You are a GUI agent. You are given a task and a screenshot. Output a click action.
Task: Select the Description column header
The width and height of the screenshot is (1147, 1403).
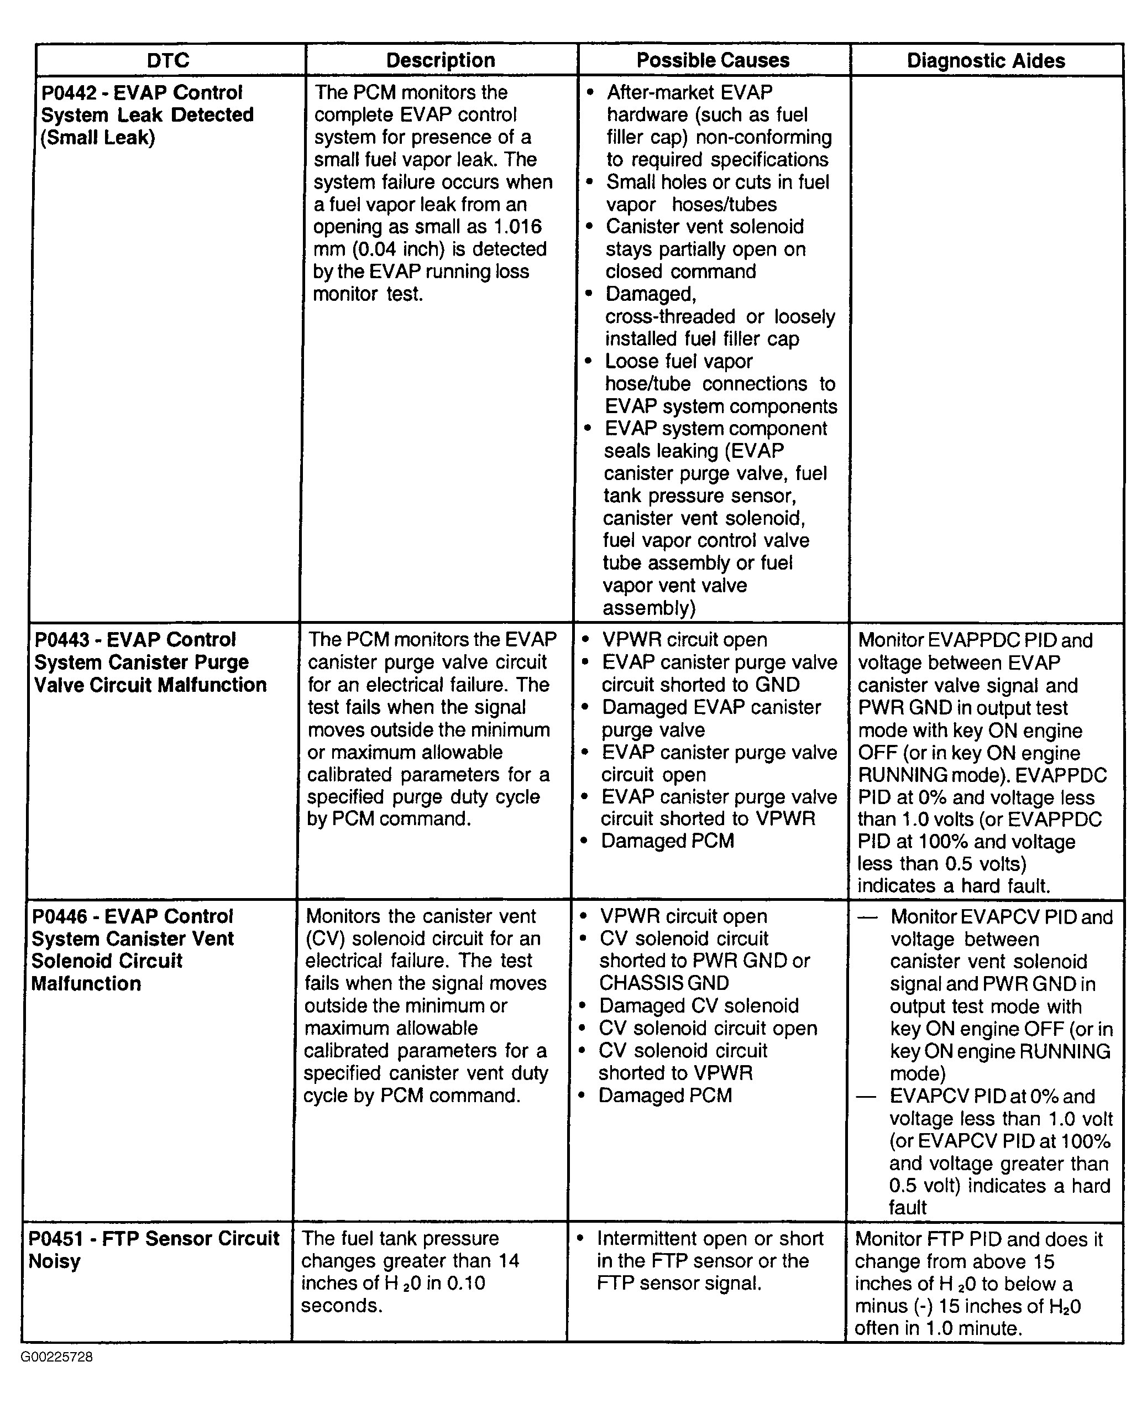click(441, 61)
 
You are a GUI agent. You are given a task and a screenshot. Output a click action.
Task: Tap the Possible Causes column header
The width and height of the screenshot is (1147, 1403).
click(713, 61)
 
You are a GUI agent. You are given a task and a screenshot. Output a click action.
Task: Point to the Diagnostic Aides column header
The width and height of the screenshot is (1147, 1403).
click(986, 61)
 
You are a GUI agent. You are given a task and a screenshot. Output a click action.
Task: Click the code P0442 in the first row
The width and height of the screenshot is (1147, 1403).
click(69, 92)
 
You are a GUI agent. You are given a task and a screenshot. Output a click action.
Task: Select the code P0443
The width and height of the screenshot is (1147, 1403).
click(62, 640)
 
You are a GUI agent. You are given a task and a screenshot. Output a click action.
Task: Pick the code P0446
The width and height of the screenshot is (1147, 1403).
click(60, 916)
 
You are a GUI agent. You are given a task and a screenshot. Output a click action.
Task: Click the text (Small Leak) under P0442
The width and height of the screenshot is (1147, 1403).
click(98, 138)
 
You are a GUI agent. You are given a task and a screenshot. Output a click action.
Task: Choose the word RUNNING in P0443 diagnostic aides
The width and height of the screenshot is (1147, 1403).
click(901, 775)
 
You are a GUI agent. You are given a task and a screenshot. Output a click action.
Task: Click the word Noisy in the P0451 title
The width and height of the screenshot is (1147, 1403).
click(55, 1261)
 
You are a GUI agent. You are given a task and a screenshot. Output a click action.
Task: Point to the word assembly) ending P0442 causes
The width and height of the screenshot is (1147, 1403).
click(649, 608)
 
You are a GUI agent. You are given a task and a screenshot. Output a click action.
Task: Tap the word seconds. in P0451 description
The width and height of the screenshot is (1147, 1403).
click(342, 1306)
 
